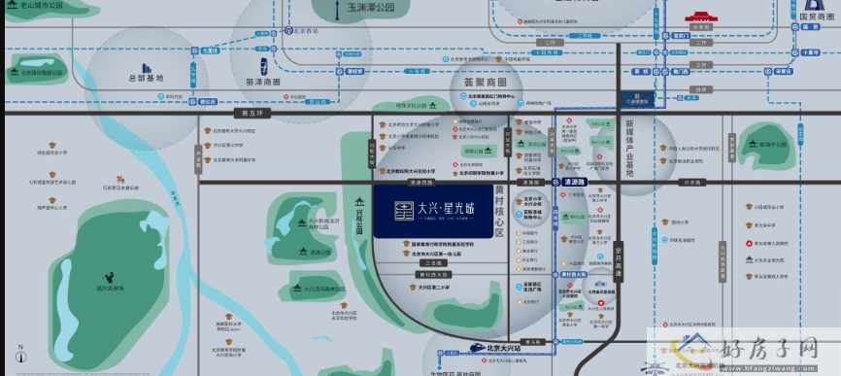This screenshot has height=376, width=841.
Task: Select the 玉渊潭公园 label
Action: click(x=370, y=8)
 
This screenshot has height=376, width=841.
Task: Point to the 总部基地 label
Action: click(x=146, y=78)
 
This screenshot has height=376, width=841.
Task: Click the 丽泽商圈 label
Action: click(x=262, y=83)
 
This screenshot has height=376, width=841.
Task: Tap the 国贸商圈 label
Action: click(x=818, y=16)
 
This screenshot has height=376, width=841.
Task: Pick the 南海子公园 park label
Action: click(x=772, y=143)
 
